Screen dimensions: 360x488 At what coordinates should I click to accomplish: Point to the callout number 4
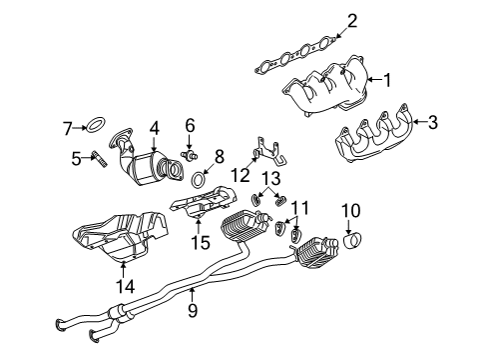155,128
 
